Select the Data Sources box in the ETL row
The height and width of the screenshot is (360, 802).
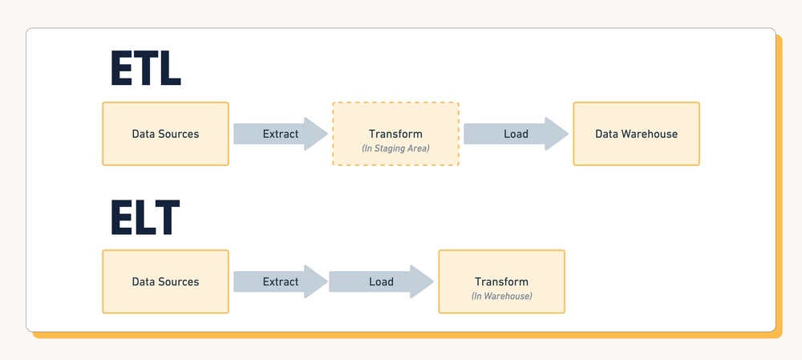click(x=165, y=134)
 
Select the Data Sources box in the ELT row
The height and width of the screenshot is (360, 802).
click(x=165, y=281)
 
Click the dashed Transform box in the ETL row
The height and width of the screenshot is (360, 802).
click(x=395, y=134)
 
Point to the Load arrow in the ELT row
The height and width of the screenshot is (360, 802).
click(x=381, y=281)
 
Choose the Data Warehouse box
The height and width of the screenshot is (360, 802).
click(x=636, y=134)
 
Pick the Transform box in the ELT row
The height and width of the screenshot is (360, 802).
click(x=501, y=281)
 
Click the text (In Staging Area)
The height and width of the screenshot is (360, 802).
click(x=395, y=148)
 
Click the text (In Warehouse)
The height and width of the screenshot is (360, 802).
click(x=501, y=297)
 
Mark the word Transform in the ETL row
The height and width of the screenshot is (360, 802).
click(x=395, y=134)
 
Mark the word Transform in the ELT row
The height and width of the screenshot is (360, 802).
click(x=501, y=281)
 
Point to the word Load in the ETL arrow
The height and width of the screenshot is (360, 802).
click(x=516, y=134)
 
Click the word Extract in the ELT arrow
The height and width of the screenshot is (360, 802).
click(x=281, y=281)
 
